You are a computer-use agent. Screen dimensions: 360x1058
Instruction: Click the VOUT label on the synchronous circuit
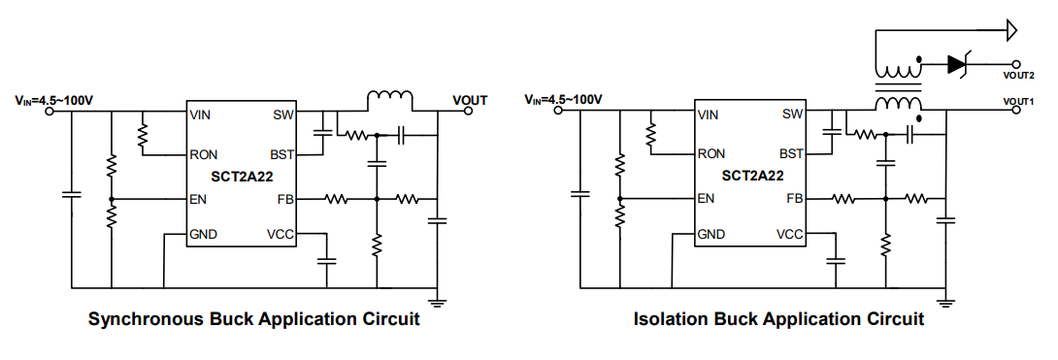point(470,100)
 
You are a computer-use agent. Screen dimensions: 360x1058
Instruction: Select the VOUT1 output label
point(1019,101)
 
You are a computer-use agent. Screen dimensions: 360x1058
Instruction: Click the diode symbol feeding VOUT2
point(958,64)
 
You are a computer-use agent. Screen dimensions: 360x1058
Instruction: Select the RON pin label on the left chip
point(205,153)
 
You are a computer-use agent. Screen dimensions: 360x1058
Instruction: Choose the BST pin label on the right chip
point(792,153)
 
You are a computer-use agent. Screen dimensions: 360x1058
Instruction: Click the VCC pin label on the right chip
point(790,234)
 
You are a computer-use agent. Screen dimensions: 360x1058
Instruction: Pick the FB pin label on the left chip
point(286,199)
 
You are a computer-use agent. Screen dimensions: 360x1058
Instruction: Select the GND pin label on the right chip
point(712,234)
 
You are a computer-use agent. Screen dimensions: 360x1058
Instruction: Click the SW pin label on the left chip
point(283,115)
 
